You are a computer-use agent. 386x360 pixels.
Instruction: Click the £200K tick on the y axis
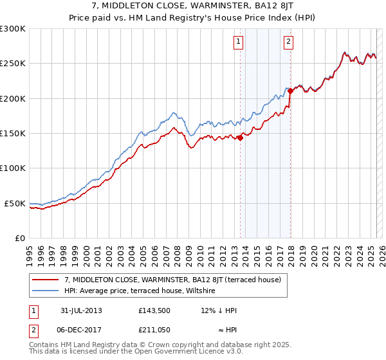(13, 98)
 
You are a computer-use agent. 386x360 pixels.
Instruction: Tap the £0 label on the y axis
(21, 238)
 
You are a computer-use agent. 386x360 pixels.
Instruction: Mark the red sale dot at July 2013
(240, 137)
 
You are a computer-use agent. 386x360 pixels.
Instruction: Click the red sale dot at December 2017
(290, 91)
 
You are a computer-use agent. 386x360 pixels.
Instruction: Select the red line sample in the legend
(46, 280)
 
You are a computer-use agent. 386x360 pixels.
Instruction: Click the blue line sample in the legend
(46, 291)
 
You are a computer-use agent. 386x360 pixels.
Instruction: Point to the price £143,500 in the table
(154, 310)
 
